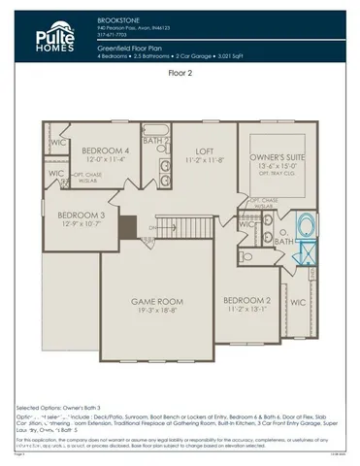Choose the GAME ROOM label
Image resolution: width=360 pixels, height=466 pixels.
(158, 303)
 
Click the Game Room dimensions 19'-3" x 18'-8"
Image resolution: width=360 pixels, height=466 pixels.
(158, 313)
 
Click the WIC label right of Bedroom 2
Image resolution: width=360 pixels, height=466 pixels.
(299, 303)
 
